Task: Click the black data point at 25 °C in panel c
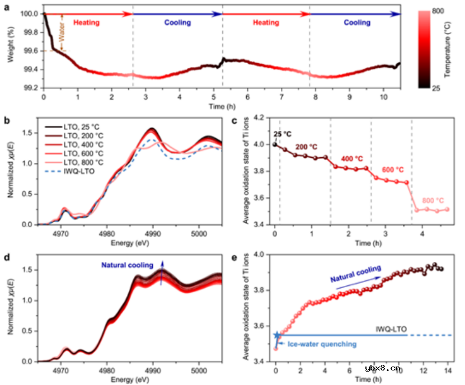point(274,144)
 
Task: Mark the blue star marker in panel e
point(276,335)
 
